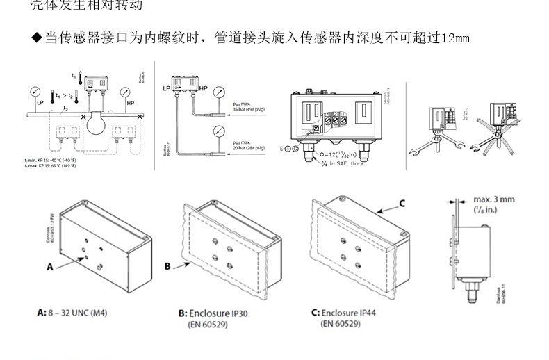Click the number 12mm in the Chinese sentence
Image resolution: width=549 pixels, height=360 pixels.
[456, 38]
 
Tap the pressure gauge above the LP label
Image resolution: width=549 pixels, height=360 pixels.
[35, 92]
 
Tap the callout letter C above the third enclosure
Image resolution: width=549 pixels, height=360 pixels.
[401, 204]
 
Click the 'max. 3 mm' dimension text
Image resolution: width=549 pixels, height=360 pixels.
[494, 199]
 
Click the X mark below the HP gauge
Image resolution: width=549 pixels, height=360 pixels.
[141, 117]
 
